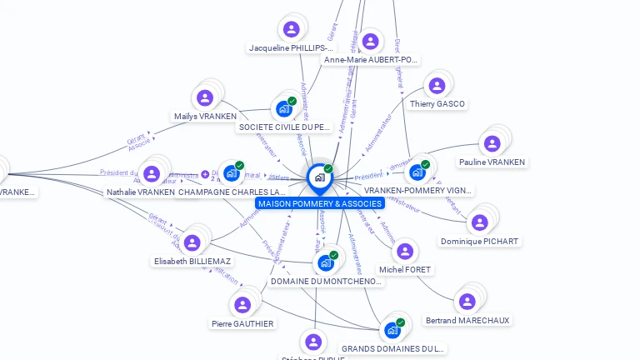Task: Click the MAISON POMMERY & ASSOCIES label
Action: [x=320, y=203]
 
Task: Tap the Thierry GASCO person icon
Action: [x=436, y=86]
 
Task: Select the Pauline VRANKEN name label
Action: [x=492, y=162]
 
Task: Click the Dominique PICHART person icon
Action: [x=479, y=222]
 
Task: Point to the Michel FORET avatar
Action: [x=405, y=252]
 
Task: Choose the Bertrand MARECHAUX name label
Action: [x=467, y=320]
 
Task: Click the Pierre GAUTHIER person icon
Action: [x=242, y=305]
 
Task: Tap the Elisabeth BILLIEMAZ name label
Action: [x=192, y=261]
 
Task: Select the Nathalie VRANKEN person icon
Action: [x=151, y=174]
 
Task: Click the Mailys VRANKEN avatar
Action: [x=205, y=97]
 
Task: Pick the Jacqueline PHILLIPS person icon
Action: [x=291, y=29]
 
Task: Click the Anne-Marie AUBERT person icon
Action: [x=370, y=41]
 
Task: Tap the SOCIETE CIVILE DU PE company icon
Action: [x=284, y=108]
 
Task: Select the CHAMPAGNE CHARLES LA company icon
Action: [x=232, y=173]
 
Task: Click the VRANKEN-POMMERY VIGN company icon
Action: [x=417, y=172]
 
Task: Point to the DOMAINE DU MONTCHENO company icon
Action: [x=326, y=262]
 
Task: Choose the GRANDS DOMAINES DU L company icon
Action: [x=392, y=329]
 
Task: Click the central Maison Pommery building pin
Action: [x=319, y=177]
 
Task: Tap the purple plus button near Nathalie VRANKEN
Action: [x=205, y=174]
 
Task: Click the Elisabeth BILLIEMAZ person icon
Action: [x=192, y=242]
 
